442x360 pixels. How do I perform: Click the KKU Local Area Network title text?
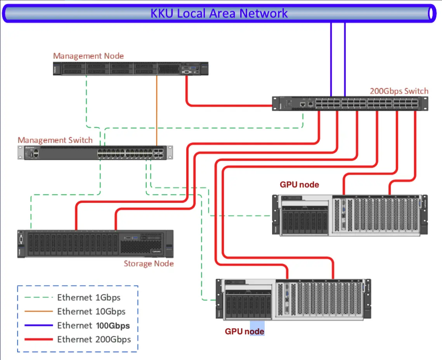pyautogui.click(x=219, y=13)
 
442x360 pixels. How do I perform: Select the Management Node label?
pyautogui.click(x=88, y=56)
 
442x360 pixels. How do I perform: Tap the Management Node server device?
pyautogui.click(x=130, y=69)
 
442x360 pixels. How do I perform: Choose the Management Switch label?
pyautogui.click(x=55, y=140)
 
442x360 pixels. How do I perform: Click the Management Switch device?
pyautogui.click(x=95, y=152)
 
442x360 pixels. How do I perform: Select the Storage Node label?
pyautogui.click(x=149, y=264)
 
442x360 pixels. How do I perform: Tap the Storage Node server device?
pyautogui.click(x=95, y=244)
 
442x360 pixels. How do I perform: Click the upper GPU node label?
pyautogui.click(x=299, y=185)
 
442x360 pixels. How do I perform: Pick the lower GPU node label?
pyautogui.click(x=244, y=332)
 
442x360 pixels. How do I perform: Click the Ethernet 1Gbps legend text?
pyautogui.click(x=89, y=298)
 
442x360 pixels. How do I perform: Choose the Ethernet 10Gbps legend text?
pyautogui.click(x=91, y=312)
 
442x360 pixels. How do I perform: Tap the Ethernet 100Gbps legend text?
pyautogui.click(x=94, y=325)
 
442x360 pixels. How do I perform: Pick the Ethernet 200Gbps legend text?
pyautogui.click(x=94, y=339)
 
